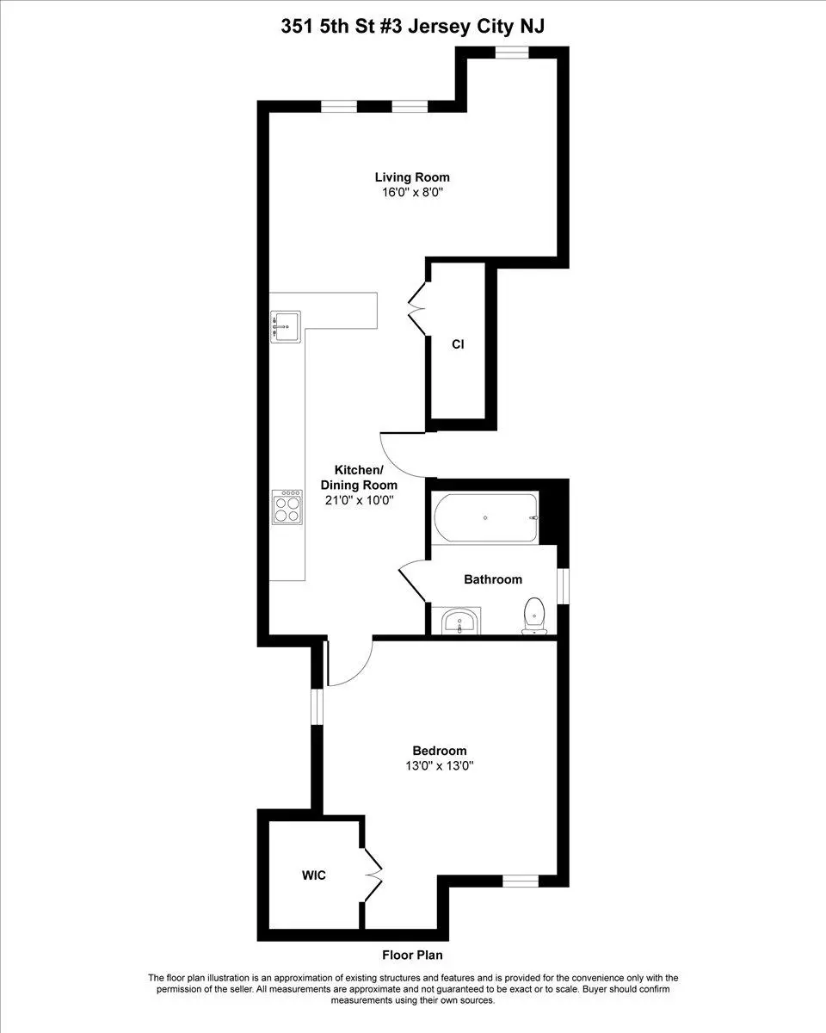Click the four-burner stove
287,506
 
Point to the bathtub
486,518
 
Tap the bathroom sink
461,622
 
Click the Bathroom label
492,579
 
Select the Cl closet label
458,344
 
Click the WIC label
313,875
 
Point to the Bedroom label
439,751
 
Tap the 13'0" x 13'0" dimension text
439,766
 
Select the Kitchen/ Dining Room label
357,477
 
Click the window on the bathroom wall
562,586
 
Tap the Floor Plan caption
412,955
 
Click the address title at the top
412,27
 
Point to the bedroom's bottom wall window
519,881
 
